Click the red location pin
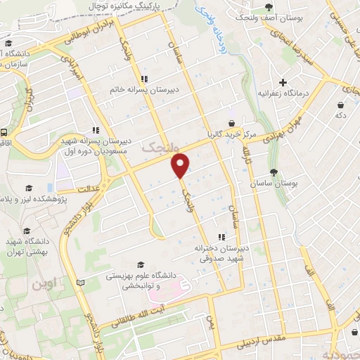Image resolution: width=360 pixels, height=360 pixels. (x=181, y=165)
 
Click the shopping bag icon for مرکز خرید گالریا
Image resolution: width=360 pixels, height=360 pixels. (x=231, y=123)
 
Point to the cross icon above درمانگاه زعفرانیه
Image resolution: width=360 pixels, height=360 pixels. (x=283, y=82)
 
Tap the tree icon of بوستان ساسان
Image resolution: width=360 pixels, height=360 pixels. (x=274, y=173)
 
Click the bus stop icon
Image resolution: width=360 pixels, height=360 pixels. (x=4, y=131)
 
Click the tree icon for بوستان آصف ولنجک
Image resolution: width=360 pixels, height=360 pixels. (x=269, y=7)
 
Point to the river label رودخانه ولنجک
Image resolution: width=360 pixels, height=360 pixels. (x=205, y=18)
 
